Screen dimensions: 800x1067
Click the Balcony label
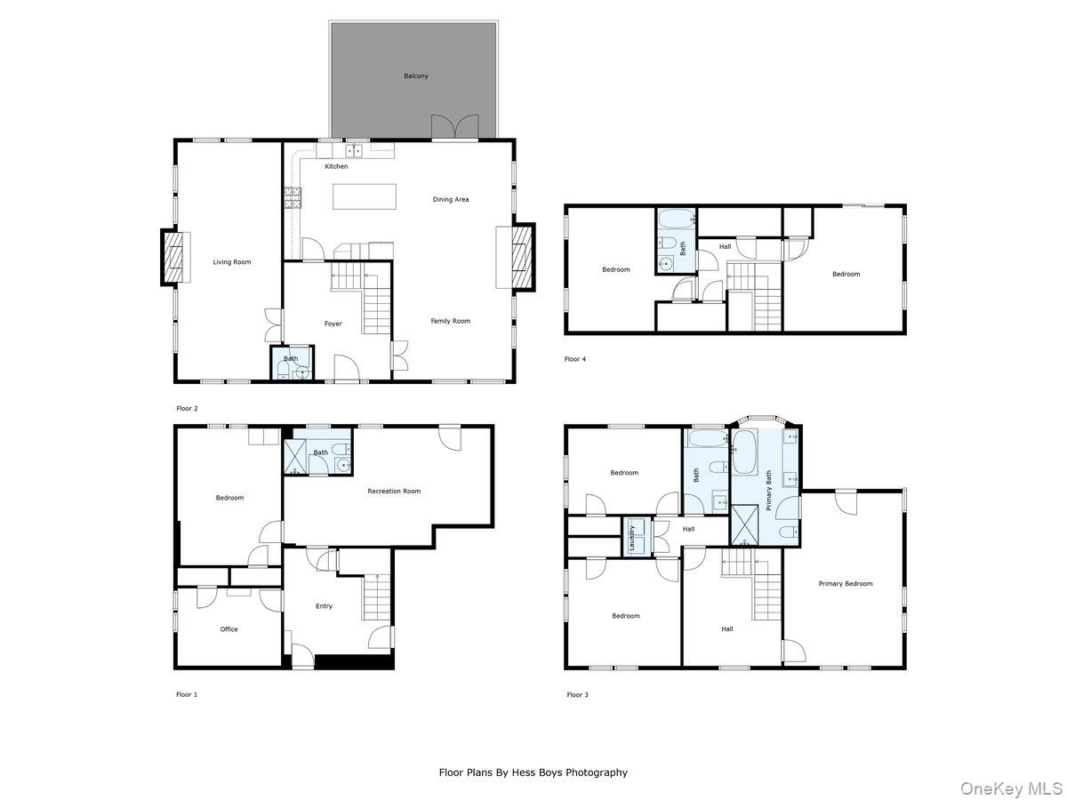click(415, 76)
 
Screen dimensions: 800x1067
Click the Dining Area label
click(450, 200)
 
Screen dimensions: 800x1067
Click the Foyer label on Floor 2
click(333, 324)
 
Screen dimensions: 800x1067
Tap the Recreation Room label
click(394, 492)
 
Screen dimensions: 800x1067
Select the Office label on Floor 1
click(229, 629)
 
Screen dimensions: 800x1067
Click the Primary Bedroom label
click(845, 584)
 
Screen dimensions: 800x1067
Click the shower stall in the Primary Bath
click(744, 524)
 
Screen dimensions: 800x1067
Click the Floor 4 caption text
click(575, 359)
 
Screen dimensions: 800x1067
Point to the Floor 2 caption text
click(187, 408)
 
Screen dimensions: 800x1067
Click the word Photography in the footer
click(598, 772)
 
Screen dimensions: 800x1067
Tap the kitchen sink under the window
click(354, 151)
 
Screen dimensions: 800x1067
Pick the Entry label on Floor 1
click(324, 606)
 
